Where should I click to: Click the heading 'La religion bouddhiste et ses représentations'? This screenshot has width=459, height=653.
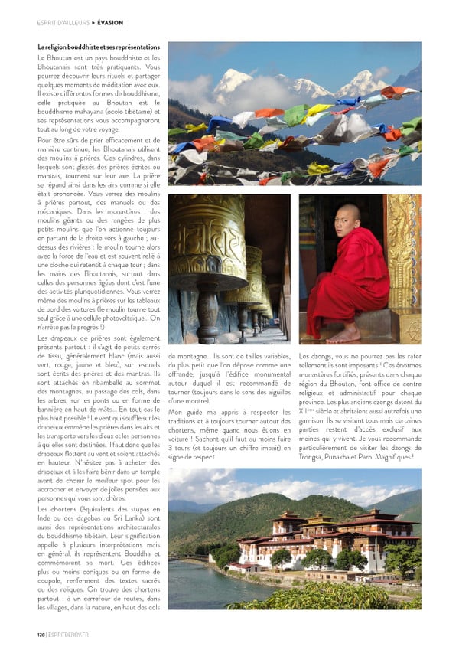click(x=99, y=47)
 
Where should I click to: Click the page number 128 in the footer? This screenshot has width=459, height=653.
click(x=41, y=634)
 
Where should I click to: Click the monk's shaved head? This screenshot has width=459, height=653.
click(x=347, y=214)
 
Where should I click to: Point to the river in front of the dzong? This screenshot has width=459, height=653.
click(x=207, y=586)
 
